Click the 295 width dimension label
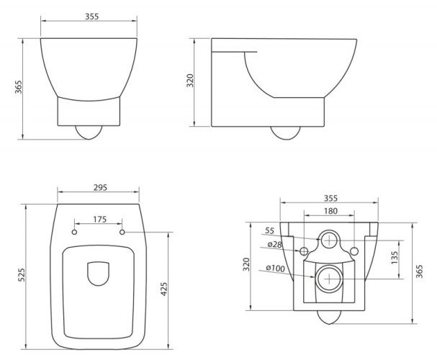coord(100,187)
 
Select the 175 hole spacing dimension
coord(99,218)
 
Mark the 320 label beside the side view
coord(191,79)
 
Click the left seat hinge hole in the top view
coord(75,233)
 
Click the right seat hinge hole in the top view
coord(122,233)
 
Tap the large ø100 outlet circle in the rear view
coord(328,277)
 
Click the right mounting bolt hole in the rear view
coord(353,251)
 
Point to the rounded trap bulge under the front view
coord(89,133)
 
